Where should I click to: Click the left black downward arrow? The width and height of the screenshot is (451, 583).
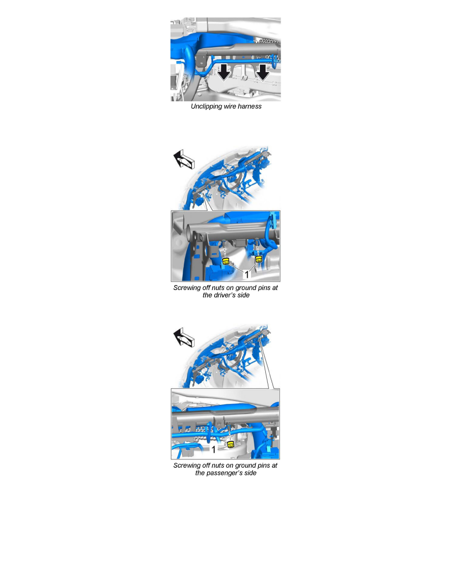[x=224, y=72]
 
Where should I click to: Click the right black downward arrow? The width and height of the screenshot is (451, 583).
[x=263, y=72]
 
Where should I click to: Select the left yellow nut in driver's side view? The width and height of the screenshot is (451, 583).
[x=226, y=261]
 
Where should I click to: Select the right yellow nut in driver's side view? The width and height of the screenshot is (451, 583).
[x=258, y=259]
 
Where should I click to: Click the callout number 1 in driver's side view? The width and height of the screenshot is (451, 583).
[x=246, y=274]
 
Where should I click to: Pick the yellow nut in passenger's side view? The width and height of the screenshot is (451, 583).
[x=231, y=444]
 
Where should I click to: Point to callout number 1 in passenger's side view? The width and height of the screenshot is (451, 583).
[x=214, y=450]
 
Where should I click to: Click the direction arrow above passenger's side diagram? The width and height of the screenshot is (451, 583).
[x=184, y=337]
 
